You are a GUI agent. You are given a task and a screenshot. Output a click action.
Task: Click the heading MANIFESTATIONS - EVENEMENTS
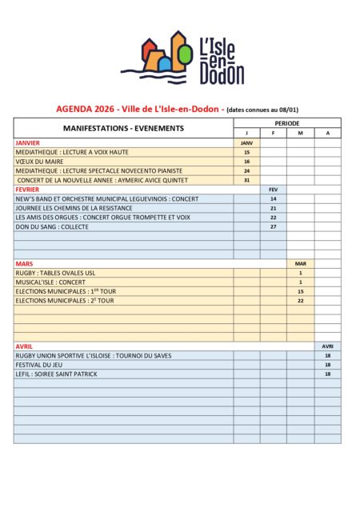point(122,128)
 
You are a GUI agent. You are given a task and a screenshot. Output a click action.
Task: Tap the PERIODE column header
point(286,123)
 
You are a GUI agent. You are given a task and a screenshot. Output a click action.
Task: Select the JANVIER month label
point(28,142)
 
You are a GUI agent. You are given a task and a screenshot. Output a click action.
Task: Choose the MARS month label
point(23,263)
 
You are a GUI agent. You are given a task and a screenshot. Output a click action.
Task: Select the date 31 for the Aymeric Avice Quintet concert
point(246,180)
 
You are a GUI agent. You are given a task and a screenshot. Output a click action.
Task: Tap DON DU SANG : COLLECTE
point(52,226)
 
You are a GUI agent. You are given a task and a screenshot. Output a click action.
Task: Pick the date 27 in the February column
point(273,226)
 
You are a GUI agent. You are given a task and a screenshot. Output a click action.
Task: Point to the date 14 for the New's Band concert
point(273,198)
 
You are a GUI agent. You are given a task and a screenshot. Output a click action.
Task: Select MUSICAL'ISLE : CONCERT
point(50,282)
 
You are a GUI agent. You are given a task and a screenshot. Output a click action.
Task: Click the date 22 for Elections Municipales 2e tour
point(300,301)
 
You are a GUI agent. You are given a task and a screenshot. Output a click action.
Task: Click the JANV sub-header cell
point(246,142)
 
